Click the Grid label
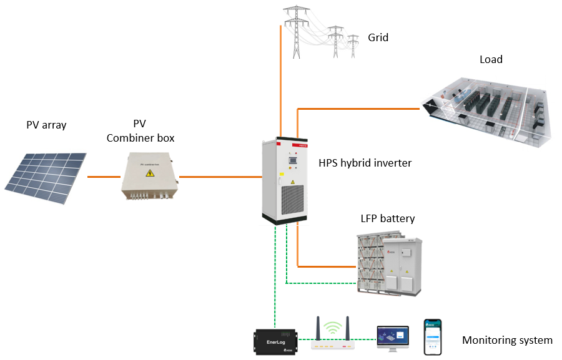378,37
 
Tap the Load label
491,59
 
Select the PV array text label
46,125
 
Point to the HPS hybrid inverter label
365,163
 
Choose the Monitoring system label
507,340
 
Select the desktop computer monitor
392,336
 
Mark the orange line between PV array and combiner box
104,177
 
